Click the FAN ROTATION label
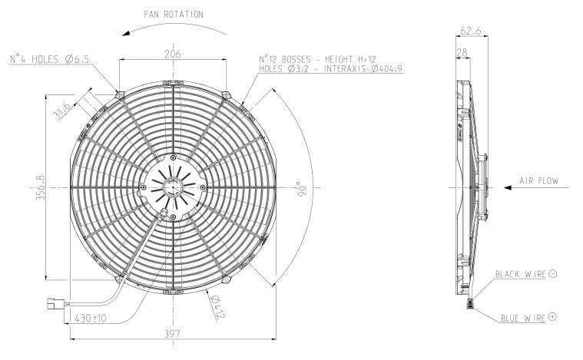[174, 14]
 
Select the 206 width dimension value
[173, 54]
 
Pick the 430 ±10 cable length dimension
[91, 317]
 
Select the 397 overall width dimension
[174, 333]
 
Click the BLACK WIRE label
[519, 274]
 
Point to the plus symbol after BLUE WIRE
[552, 316]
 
